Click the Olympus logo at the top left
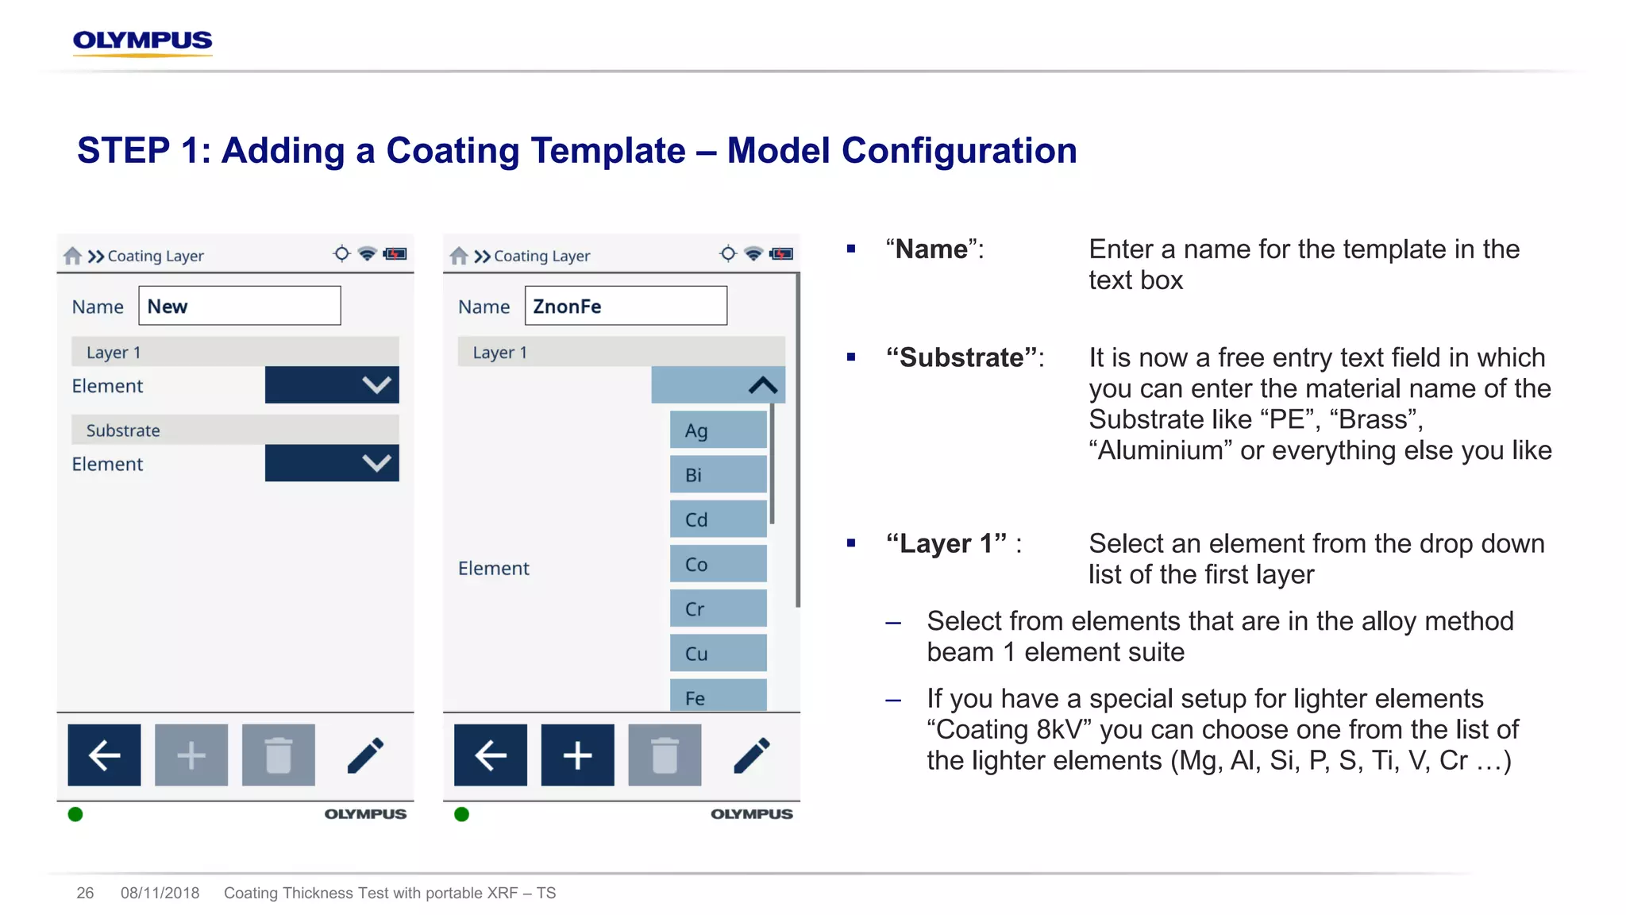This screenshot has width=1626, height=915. coord(142,41)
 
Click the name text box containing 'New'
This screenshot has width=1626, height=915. coord(239,306)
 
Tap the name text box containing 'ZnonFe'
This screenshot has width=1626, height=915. coord(625,306)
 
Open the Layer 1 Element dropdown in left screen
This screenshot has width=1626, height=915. coord(332,385)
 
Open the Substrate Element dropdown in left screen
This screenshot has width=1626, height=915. coord(332,463)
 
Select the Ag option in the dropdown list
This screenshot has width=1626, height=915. coord(718,430)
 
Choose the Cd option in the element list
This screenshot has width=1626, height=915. coord(718,519)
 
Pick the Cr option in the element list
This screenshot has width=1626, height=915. coord(718,609)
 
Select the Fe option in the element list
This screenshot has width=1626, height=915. coord(718,696)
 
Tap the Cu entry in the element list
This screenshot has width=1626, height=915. coord(718,654)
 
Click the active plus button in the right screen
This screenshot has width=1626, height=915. coord(577,755)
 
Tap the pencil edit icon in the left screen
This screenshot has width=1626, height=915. coord(365,755)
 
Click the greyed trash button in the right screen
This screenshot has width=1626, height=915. coord(665,755)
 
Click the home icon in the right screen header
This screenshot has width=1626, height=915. coord(459,256)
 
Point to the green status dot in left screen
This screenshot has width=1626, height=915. coord(75,814)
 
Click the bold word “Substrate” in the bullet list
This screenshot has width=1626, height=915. coord(961,357)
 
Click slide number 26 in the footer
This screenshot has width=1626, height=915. coord(85,893)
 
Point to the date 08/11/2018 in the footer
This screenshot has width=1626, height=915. coord(160,893)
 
